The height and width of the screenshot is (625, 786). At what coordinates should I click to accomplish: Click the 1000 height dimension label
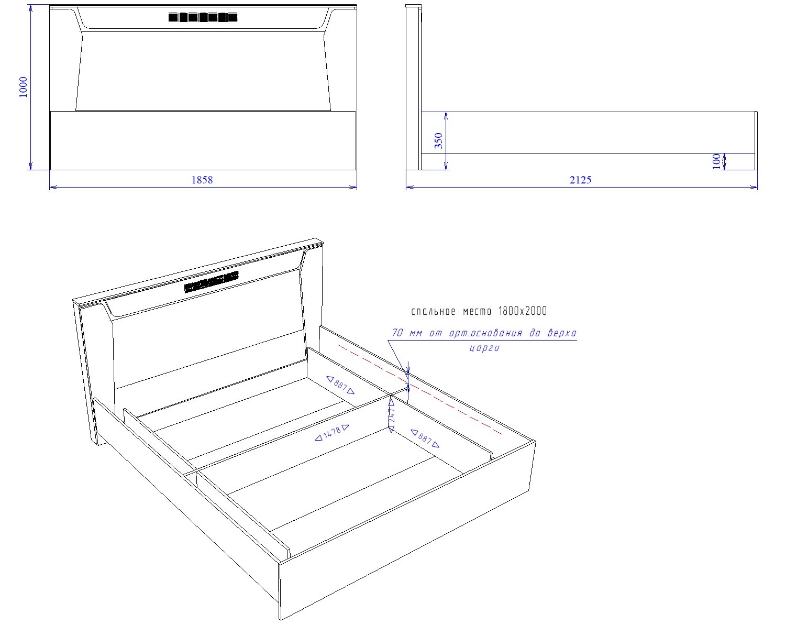point(23,87)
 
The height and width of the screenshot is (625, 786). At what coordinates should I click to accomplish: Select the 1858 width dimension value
point(202,180)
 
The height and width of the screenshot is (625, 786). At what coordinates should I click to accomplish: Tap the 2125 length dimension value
point(580,180)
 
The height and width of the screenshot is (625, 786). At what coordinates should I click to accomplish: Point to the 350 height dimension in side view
point(439,141)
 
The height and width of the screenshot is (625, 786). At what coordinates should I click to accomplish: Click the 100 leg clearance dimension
point(716,161)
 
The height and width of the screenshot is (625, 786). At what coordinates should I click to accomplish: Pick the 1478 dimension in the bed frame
point(332,433)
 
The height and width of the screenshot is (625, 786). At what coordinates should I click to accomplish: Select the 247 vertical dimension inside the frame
point(392,415)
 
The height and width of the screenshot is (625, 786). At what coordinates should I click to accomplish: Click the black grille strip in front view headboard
point(203,17)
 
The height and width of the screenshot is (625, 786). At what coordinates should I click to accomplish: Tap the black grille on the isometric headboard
point(212,281)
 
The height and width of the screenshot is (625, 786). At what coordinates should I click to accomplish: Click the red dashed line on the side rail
point(420,389)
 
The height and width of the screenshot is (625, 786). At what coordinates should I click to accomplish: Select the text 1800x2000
point(522,311)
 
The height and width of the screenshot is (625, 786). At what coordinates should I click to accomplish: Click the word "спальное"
point(433,311)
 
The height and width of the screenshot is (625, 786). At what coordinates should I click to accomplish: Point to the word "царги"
point(484,347)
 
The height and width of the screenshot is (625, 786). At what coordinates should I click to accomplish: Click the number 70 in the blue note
point(397,333)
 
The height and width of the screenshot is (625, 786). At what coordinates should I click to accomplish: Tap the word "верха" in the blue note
point(562,333)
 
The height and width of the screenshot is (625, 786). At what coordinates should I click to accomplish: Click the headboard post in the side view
point(414,87)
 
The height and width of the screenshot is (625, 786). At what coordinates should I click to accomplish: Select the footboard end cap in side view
point(756,141)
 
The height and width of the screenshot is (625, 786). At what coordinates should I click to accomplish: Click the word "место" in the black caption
point(477,311)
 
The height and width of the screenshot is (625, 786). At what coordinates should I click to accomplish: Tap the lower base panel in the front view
point(203,140)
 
